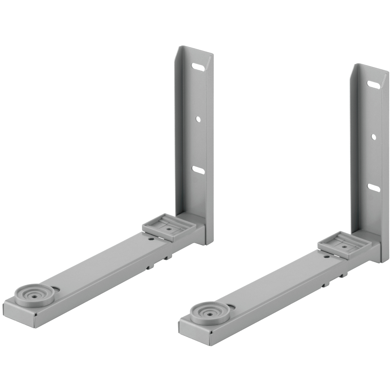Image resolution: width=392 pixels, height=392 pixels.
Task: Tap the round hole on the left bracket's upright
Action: click(x=199, y=118)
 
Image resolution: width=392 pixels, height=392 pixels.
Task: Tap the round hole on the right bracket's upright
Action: click(x=374, y=137)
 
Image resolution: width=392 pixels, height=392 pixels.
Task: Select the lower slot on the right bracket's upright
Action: click(x=374, y=187)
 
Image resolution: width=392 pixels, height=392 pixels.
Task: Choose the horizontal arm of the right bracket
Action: click(x=274, y=288)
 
